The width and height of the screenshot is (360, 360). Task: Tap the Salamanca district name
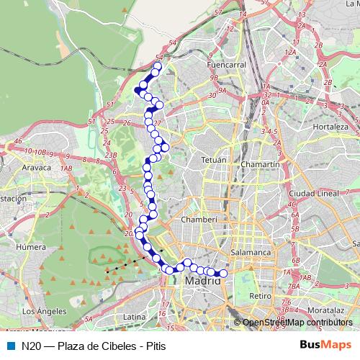tap(250, 253)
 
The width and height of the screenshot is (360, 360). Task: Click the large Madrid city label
tap(202, 281)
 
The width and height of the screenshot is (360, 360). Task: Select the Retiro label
tap(259, 296)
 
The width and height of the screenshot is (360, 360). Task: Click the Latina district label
tap(135, 316)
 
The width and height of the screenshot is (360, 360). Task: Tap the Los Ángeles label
tap(45, 311)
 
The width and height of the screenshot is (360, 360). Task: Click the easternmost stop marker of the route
tap(222, 274)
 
